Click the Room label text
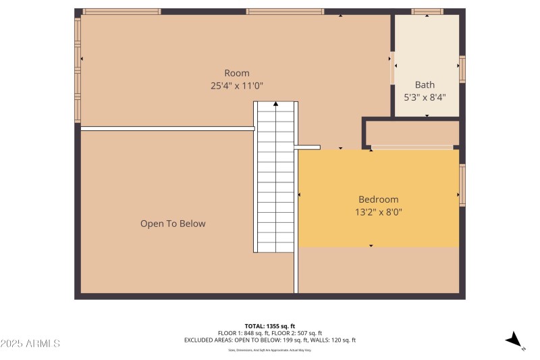coord(236,73)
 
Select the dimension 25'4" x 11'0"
coord(236,86)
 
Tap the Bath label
coord(425,84)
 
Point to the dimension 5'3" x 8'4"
coord(425,97)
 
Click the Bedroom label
coord(378,199)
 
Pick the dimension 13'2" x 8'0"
coord(378,211)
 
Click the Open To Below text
coord(173,224)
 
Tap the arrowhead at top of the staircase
coord(275,104)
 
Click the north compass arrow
coord(514,340)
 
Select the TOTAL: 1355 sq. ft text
coord(269,326)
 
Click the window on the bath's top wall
coord(427,11)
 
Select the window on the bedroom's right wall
coord(462,184)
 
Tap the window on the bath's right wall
coord(462,69)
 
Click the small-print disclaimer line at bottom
coord(269,350)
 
